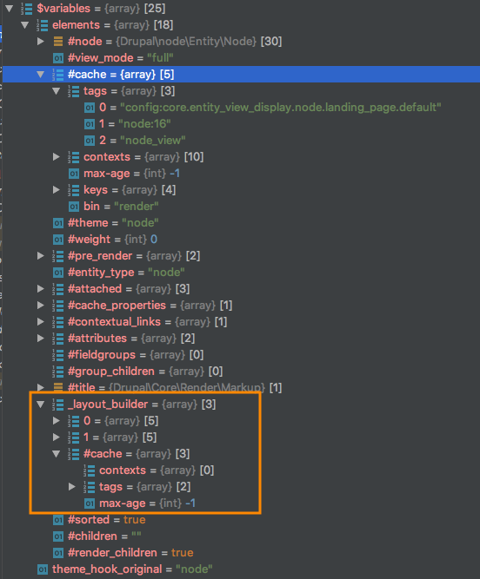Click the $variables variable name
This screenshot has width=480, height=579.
(x=63, y=8)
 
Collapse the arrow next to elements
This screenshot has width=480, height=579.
(x=24, y=25)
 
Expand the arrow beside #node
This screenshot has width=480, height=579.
(x=41, y=41)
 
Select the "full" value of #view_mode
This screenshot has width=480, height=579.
(x=160, y=57)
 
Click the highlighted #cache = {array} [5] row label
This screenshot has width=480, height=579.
(x=121, y=75)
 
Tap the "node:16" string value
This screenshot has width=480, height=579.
(x=144, y=124)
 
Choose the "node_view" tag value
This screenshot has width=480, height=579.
(x=153, y=141)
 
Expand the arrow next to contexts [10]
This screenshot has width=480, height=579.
(x=57, y=157)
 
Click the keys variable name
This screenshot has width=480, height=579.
(x=96, y=190)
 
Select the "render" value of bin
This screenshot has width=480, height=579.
(x=136, y=206)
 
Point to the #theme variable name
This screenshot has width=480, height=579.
(x=88, y=223)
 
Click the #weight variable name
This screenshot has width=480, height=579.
(x=89, y=240)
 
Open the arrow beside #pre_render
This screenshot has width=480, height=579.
(x=41, y=255)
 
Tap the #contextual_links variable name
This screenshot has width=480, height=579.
(x=114, y=322)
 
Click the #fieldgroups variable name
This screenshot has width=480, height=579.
(x=102, y=355)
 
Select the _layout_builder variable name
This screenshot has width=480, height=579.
(x=108, y=405)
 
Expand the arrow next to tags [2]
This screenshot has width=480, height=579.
(x=72, y=487)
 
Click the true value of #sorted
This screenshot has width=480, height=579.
(x=134, y=520)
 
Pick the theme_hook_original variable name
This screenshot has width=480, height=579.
(x=107, y=569)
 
